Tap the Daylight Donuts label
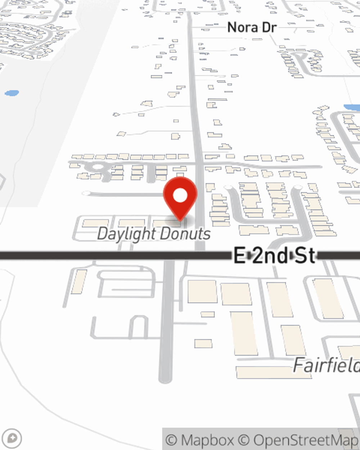tap(154, 234)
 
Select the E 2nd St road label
tap(274, 256)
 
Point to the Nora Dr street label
tap(252, 27)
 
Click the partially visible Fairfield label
tap(326, 365)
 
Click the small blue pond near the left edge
tap(12, 93)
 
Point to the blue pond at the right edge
tap(352, 107)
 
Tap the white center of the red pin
tap(180, 195)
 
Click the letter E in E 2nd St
tap(240, 256)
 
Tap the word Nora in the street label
tap(242, 27)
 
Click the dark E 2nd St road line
tap(108, 256)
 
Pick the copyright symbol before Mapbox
tap(171, 440)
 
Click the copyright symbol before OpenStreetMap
tap(244, 440)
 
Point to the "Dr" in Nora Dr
tap(269, 27)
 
